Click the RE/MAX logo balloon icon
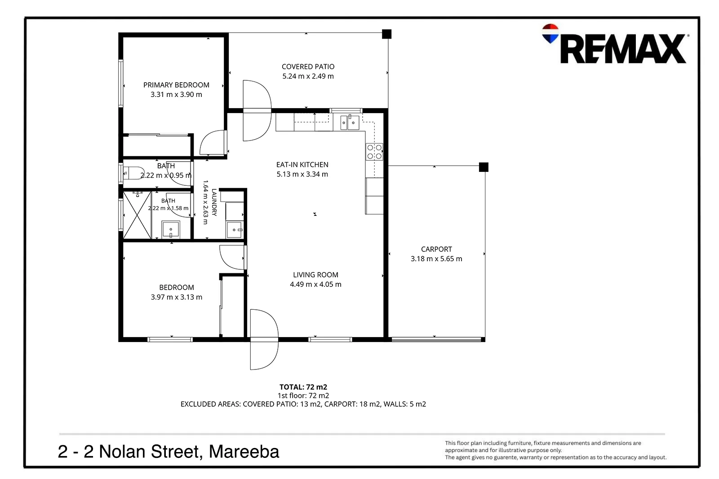[550, 33]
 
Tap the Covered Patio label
[308, 67]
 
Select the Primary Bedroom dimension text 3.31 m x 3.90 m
[176, 95]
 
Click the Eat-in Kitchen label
[302, 165]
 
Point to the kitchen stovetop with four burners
[374, 152]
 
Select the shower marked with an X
[137, 215]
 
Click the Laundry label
[214, 202]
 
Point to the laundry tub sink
[234, 229]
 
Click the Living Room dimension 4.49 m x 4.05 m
[315, 284]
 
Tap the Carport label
[436, 249]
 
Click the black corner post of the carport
[484, 167]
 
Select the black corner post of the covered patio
[386, 34]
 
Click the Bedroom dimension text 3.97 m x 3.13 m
[177, 297]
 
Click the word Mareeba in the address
[244, 452]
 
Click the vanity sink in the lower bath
[171, 229]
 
